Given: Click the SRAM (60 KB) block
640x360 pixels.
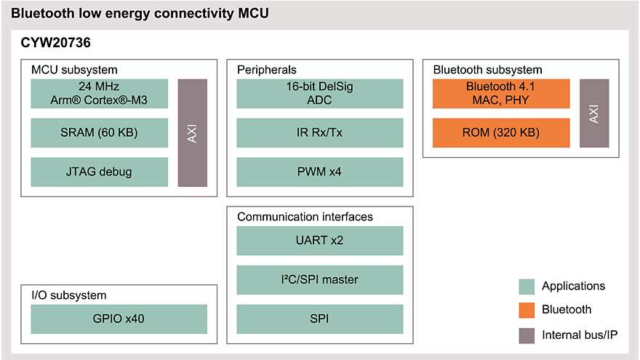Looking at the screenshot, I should pyautogui.click(x=98, y=133).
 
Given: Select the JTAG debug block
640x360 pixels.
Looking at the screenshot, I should pyautogui.click(x=98, y=172).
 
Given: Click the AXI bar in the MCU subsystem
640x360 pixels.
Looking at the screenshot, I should pyautogui.click(x=193, y=133).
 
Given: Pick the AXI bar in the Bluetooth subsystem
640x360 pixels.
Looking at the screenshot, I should pyautogui.click(x=594, y=113).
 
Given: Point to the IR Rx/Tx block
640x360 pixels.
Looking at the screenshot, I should pyautogui.click(x=320, y=133).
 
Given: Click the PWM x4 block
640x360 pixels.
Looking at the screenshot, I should pyautogui.click(x=320, y=172).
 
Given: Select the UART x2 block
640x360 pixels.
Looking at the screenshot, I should pyautogui.click(x=320, y=241).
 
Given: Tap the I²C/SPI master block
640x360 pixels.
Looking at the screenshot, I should pyautogui.click(x=320, y=280).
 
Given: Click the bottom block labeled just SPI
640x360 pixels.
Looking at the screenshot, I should pyautogui.click(x=320, y=319).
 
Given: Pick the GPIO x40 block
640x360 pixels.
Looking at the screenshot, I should pyautogui.click(x=119, y=319).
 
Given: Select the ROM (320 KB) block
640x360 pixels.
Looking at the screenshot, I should pyautogui.click(x=501, y=133).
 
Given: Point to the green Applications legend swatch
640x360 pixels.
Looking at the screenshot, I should pyautogui.click(x=527, y=287).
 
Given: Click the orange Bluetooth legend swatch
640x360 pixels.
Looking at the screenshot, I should pyautogui.click(x=527, y=311).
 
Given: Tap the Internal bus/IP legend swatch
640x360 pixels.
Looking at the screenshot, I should pyautogui.click(x=527, y=335).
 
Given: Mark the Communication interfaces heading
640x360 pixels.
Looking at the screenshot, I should pyautogui.click(x=305, y=217).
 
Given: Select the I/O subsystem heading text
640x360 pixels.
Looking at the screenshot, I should pyautogui.click(x=68, y=295).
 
